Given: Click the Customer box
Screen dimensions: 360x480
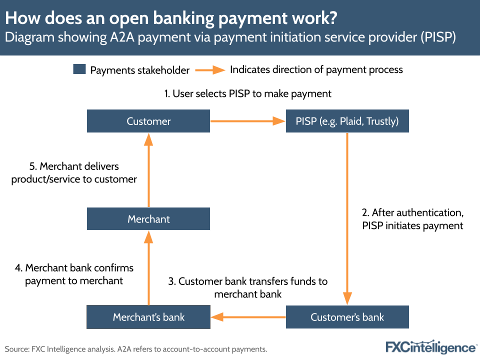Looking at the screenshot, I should pyautogui.click(x=148, y=121).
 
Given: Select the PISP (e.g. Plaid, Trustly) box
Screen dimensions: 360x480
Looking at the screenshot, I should pyautogui.click(x=347, y=121).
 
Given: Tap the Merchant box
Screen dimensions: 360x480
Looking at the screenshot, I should pyautogui.click(x=148, y=219).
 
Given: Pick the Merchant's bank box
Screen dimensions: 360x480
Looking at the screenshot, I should pyautogui.click(x=148, y=317).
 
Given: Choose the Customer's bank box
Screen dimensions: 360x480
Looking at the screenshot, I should pyautogui.click(x=347, y=317).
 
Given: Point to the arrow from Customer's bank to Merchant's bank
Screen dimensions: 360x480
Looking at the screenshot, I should pyautogui.click(x=247, y=317).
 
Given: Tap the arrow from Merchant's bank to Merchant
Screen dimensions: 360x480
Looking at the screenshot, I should pyautogui.click(x=148, y=268).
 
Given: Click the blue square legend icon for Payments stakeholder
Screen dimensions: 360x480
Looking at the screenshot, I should pyautogui.click(x=79, y=69).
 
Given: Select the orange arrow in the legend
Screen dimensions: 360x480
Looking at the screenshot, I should pyautogui.click(x=210, y=70).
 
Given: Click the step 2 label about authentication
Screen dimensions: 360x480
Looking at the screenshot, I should pyautogui.click(x=412, y=219).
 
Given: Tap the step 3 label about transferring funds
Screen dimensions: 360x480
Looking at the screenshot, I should pyautogui.click(x=248, y=287).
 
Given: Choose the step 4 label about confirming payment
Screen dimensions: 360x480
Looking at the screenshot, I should pyautogui.click(x=74, y=274).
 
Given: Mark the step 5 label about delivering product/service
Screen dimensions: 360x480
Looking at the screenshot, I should pyautogui.click(x=74, y=172).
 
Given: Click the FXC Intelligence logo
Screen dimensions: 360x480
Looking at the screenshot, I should pyautogui.click(x=430, y=347).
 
